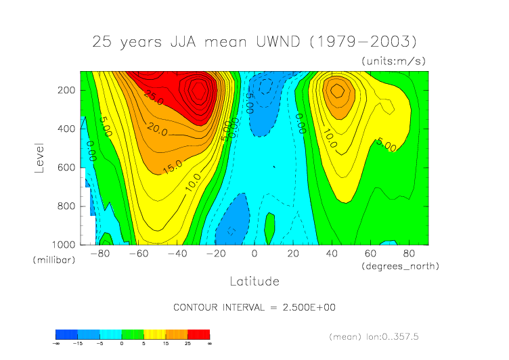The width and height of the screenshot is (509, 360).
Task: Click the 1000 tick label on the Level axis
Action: (x=64, y=244)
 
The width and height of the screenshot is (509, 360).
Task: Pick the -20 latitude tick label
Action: (x=215, y=254)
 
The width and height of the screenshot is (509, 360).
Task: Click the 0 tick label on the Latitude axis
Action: (x=255, y=254)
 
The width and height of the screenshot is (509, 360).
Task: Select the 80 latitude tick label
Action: (x=409, y=254)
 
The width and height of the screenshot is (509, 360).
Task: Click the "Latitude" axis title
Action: (x=255, y=280)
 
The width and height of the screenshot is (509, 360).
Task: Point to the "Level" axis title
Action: (x=41, y=156)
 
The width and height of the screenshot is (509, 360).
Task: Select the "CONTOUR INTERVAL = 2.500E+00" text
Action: (x=255, y=307)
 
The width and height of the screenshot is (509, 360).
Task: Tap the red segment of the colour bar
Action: (x=200, y=334)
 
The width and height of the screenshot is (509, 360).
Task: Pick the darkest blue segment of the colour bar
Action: (x=66, y=334)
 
